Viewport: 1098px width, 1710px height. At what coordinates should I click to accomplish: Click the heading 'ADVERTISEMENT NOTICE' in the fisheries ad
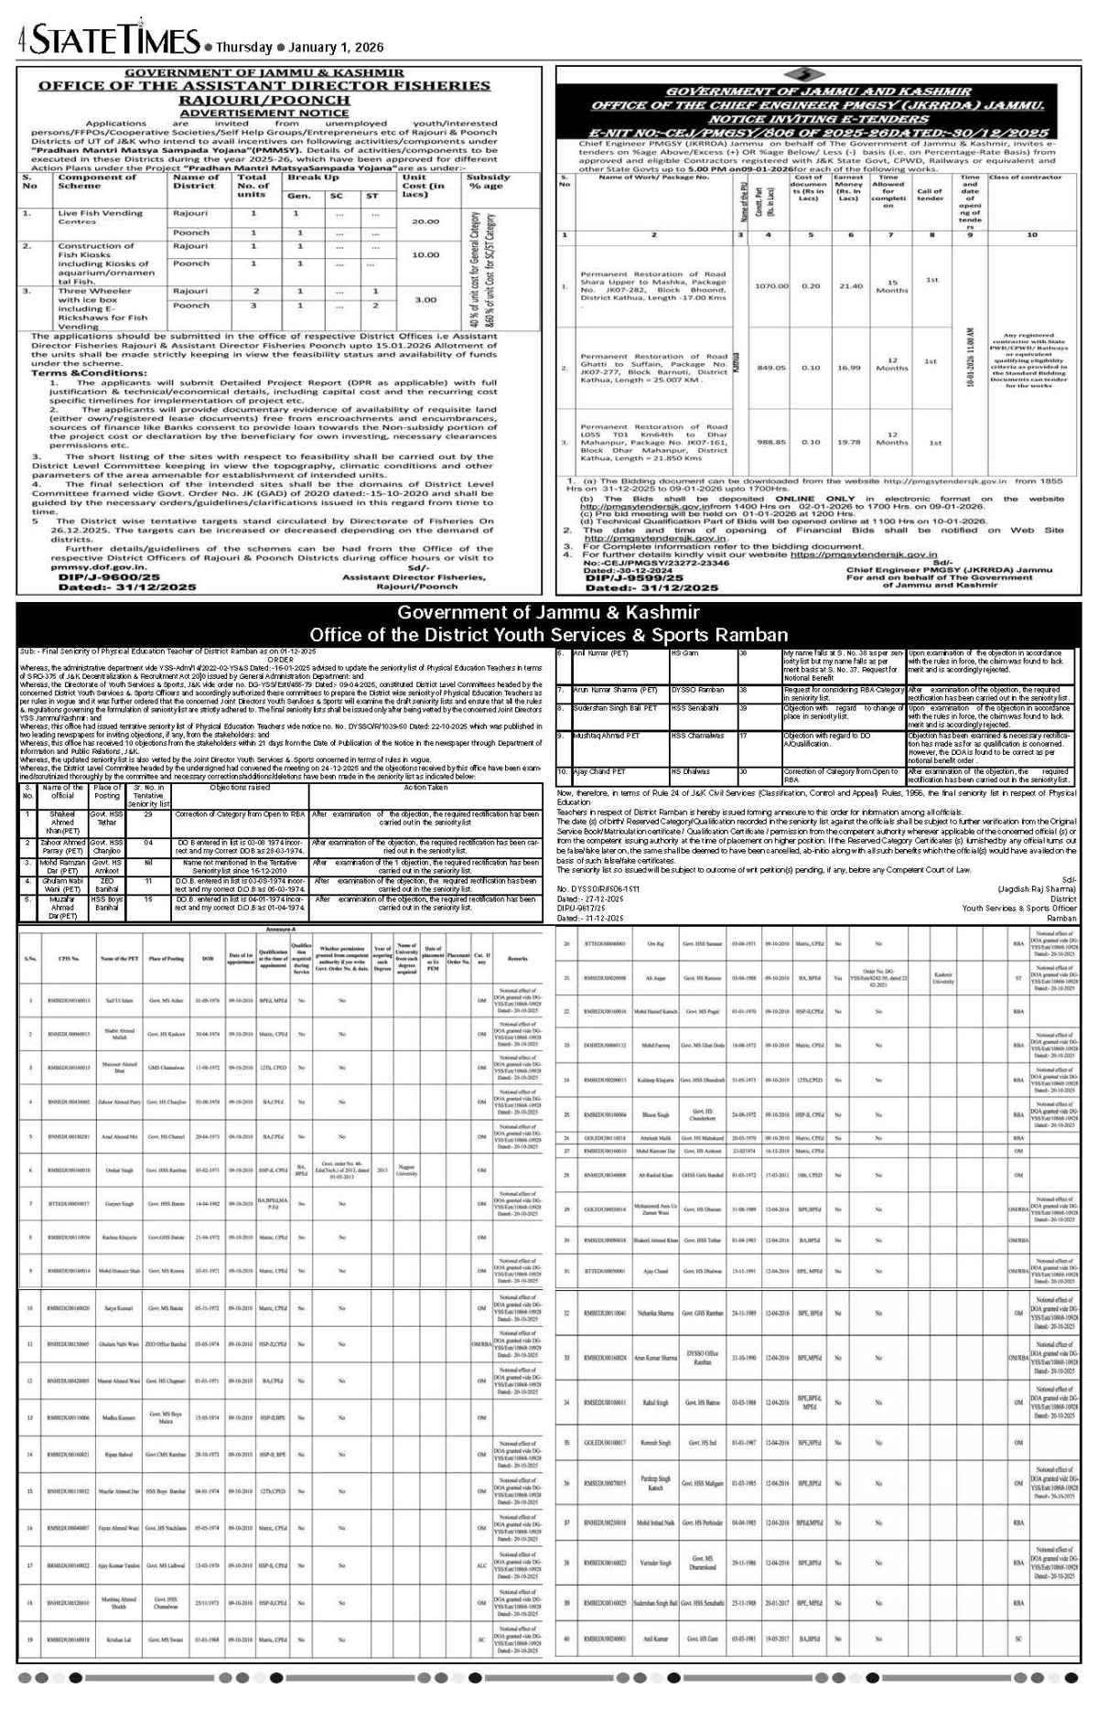point(277,113)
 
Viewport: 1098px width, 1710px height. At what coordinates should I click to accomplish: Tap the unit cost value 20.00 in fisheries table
point(425,221)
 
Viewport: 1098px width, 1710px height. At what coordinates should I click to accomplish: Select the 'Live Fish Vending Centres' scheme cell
point(100,217)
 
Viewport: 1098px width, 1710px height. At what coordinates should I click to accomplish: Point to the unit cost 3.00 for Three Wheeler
point(425,299)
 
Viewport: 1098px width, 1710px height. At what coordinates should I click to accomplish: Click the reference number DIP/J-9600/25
point(109,577)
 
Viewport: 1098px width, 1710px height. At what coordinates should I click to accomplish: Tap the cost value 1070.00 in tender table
point(770,285)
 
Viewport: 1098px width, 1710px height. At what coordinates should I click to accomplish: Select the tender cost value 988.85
point(770,441)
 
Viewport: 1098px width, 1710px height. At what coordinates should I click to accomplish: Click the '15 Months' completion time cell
point(892,285)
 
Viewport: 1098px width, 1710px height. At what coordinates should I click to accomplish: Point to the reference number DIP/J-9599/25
point(652,578)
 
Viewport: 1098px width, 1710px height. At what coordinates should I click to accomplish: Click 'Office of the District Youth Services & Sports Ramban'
point(548,635)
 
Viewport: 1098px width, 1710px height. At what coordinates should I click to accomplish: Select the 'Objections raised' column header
point(240,787)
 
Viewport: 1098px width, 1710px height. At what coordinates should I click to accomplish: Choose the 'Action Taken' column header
point(425,787)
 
